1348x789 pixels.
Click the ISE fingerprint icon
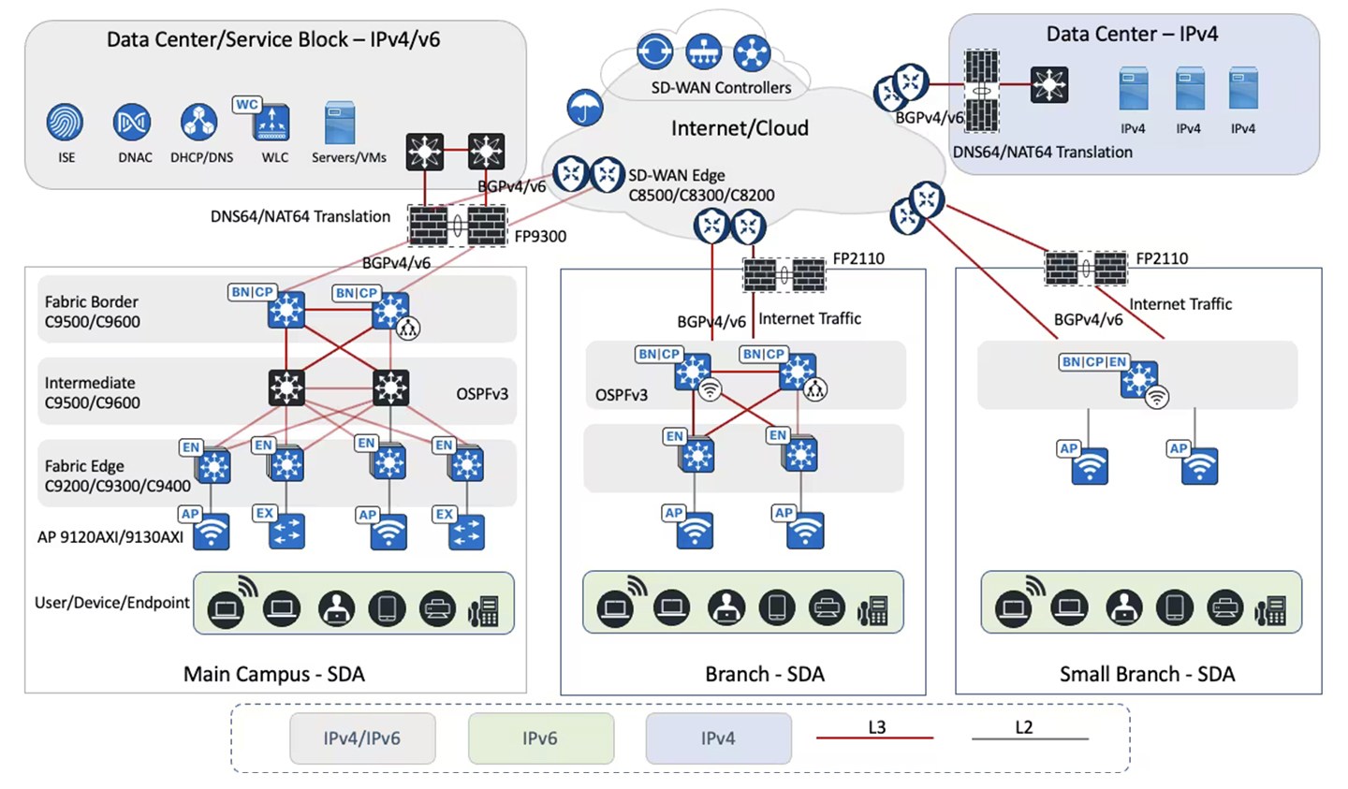coord(66,123)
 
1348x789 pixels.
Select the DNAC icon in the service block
coord(132,123)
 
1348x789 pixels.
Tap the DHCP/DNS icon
coord(198,123)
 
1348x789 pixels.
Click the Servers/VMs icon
coord(340,124)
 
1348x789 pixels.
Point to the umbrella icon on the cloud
coord(584,109)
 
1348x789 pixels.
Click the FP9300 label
coord(540,237)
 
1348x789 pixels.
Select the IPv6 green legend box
coord(540,738)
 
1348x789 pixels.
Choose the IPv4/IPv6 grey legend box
coord(362,738)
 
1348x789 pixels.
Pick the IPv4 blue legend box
coord(718,738)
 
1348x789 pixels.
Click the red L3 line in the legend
coord(874,738)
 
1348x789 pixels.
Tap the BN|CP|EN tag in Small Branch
coord(1094,361)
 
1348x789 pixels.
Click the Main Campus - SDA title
coord(274,674)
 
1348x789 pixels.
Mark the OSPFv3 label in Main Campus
coord(482,394)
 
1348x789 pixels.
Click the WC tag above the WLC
coord(247,104)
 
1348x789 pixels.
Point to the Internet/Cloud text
coord(740,128)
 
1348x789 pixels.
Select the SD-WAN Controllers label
coord(721,88)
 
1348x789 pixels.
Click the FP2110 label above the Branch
coord(858,258)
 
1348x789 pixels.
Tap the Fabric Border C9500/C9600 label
coord(92,312)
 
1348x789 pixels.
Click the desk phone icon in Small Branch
coord(1270,610)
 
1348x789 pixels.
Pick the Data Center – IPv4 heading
coord(1132,35)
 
